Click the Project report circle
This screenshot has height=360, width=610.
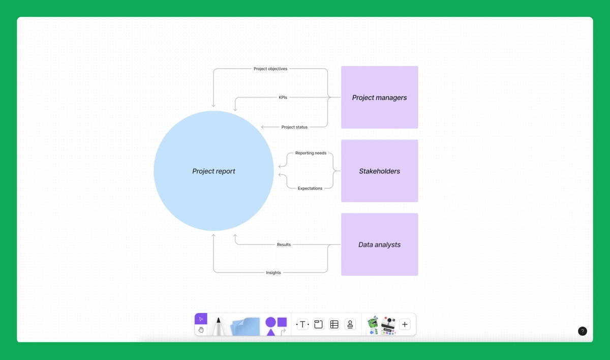pos(213,171)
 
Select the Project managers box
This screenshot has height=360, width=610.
pos(379,97)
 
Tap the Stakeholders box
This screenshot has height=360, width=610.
pos(379,171)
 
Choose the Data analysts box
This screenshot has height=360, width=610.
pos(379,245)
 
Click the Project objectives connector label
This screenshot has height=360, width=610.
pos(270,69)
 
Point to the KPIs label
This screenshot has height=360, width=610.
pos(283,97)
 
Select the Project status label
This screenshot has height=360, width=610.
pos(294,127)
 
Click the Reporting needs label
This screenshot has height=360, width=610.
pos(311,153)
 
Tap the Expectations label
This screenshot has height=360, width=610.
pos(310,189)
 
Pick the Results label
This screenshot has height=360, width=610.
pos(284,245)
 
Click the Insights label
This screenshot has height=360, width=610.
pos(273,273)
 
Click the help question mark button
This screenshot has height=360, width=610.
pos(583,331)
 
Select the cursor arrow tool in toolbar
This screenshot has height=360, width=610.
pos(201,319)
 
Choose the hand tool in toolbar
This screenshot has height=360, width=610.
pos(201,330)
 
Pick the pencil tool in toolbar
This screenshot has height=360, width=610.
pos(219,326)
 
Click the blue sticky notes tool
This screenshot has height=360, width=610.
pos(245,326)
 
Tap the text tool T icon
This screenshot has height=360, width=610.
pos(302,324)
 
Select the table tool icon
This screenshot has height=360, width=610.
pos(334,324)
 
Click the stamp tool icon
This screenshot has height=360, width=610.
pos(350,324)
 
